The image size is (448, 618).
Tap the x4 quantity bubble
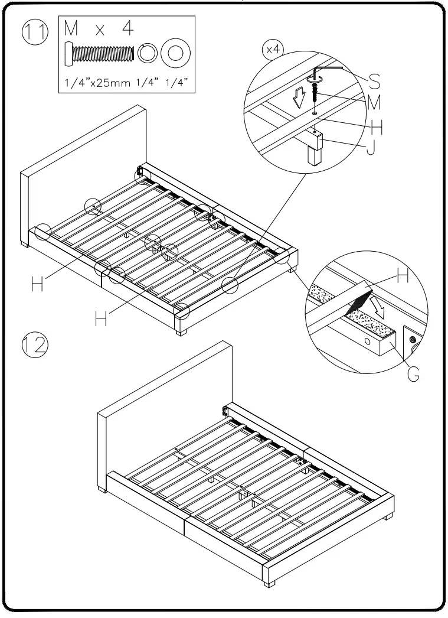coord(273,50)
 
